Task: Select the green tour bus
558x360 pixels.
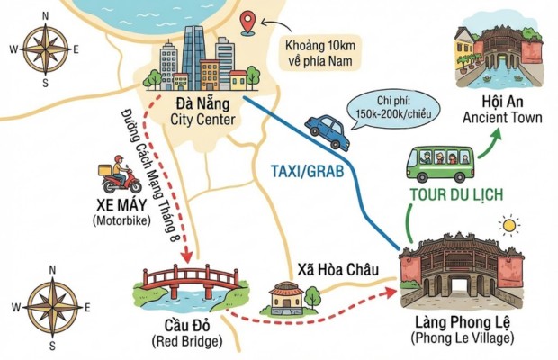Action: (x=438, y=163)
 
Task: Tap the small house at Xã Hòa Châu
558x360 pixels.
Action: (x=287, y=297)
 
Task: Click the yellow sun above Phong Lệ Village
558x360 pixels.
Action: (x=510, y=223)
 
